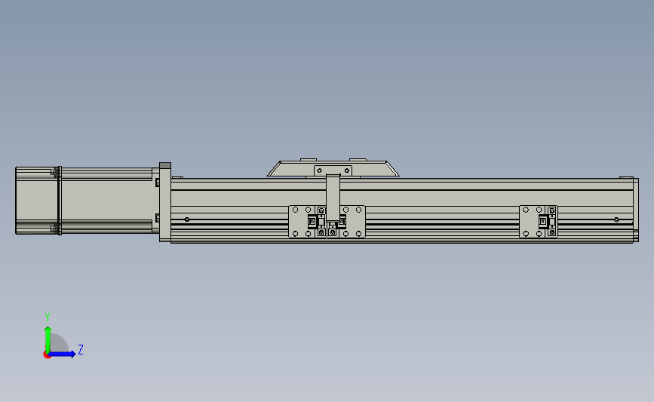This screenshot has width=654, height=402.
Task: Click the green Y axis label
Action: pyautogui.click(x=48, y=318)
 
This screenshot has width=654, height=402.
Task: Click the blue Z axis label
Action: pyautogui.click(x=81, y=349)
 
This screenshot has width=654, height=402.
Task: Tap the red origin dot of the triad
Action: pyautogui.click(x=47, y=355)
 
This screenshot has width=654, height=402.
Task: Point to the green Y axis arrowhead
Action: pyautogui.click(x=48, y=330)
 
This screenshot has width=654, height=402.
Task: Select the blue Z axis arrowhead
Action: pyautogui.click(x=72, y=354)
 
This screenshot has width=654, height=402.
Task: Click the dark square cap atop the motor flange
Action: pyautogui.click(x=165, y=166)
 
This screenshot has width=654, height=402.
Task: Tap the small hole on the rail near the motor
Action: pyautogui.click(x=187, y=219)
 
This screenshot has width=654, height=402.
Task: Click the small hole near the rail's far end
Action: pyautogui.click(x=616, y=219)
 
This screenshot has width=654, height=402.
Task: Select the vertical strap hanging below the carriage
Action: pyautogui.click(x=333, y=198)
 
